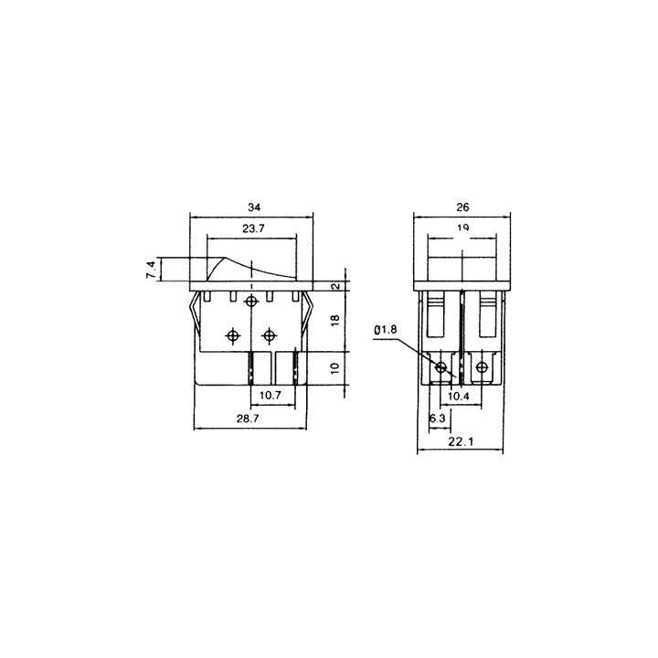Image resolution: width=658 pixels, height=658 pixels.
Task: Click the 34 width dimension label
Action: click(250, 207)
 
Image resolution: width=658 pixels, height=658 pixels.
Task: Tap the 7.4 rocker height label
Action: click(150, 270)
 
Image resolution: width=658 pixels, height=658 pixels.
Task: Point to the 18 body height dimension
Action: click(334, 320)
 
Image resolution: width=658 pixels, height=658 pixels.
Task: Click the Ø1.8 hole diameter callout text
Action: click(386, 329)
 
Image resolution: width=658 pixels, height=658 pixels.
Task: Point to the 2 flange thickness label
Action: click(334, 285)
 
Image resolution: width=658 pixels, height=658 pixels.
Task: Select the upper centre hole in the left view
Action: click(251, 301)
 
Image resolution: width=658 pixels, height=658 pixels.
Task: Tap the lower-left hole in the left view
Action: click(233, 335)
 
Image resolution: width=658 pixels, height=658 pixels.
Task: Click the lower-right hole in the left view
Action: click(268, 335)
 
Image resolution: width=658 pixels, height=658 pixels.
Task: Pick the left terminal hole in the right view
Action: click(442, 368)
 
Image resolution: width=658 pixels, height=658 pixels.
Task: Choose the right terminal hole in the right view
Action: click(481, 368)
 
